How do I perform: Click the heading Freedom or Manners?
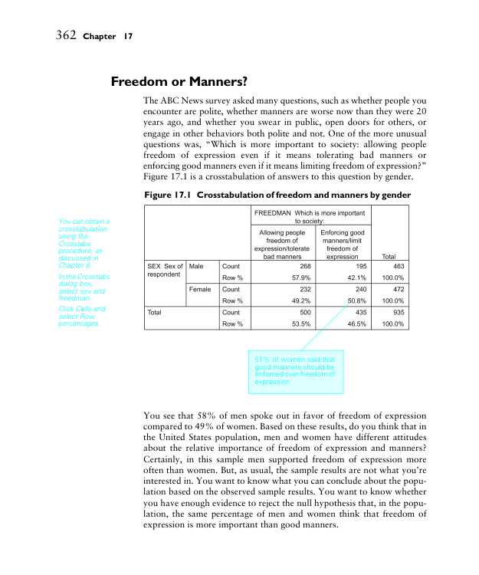pos(179,80)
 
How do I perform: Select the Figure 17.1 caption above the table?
pos(277,195)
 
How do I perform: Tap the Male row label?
pos(196,266)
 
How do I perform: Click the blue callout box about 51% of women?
pos(295,369)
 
